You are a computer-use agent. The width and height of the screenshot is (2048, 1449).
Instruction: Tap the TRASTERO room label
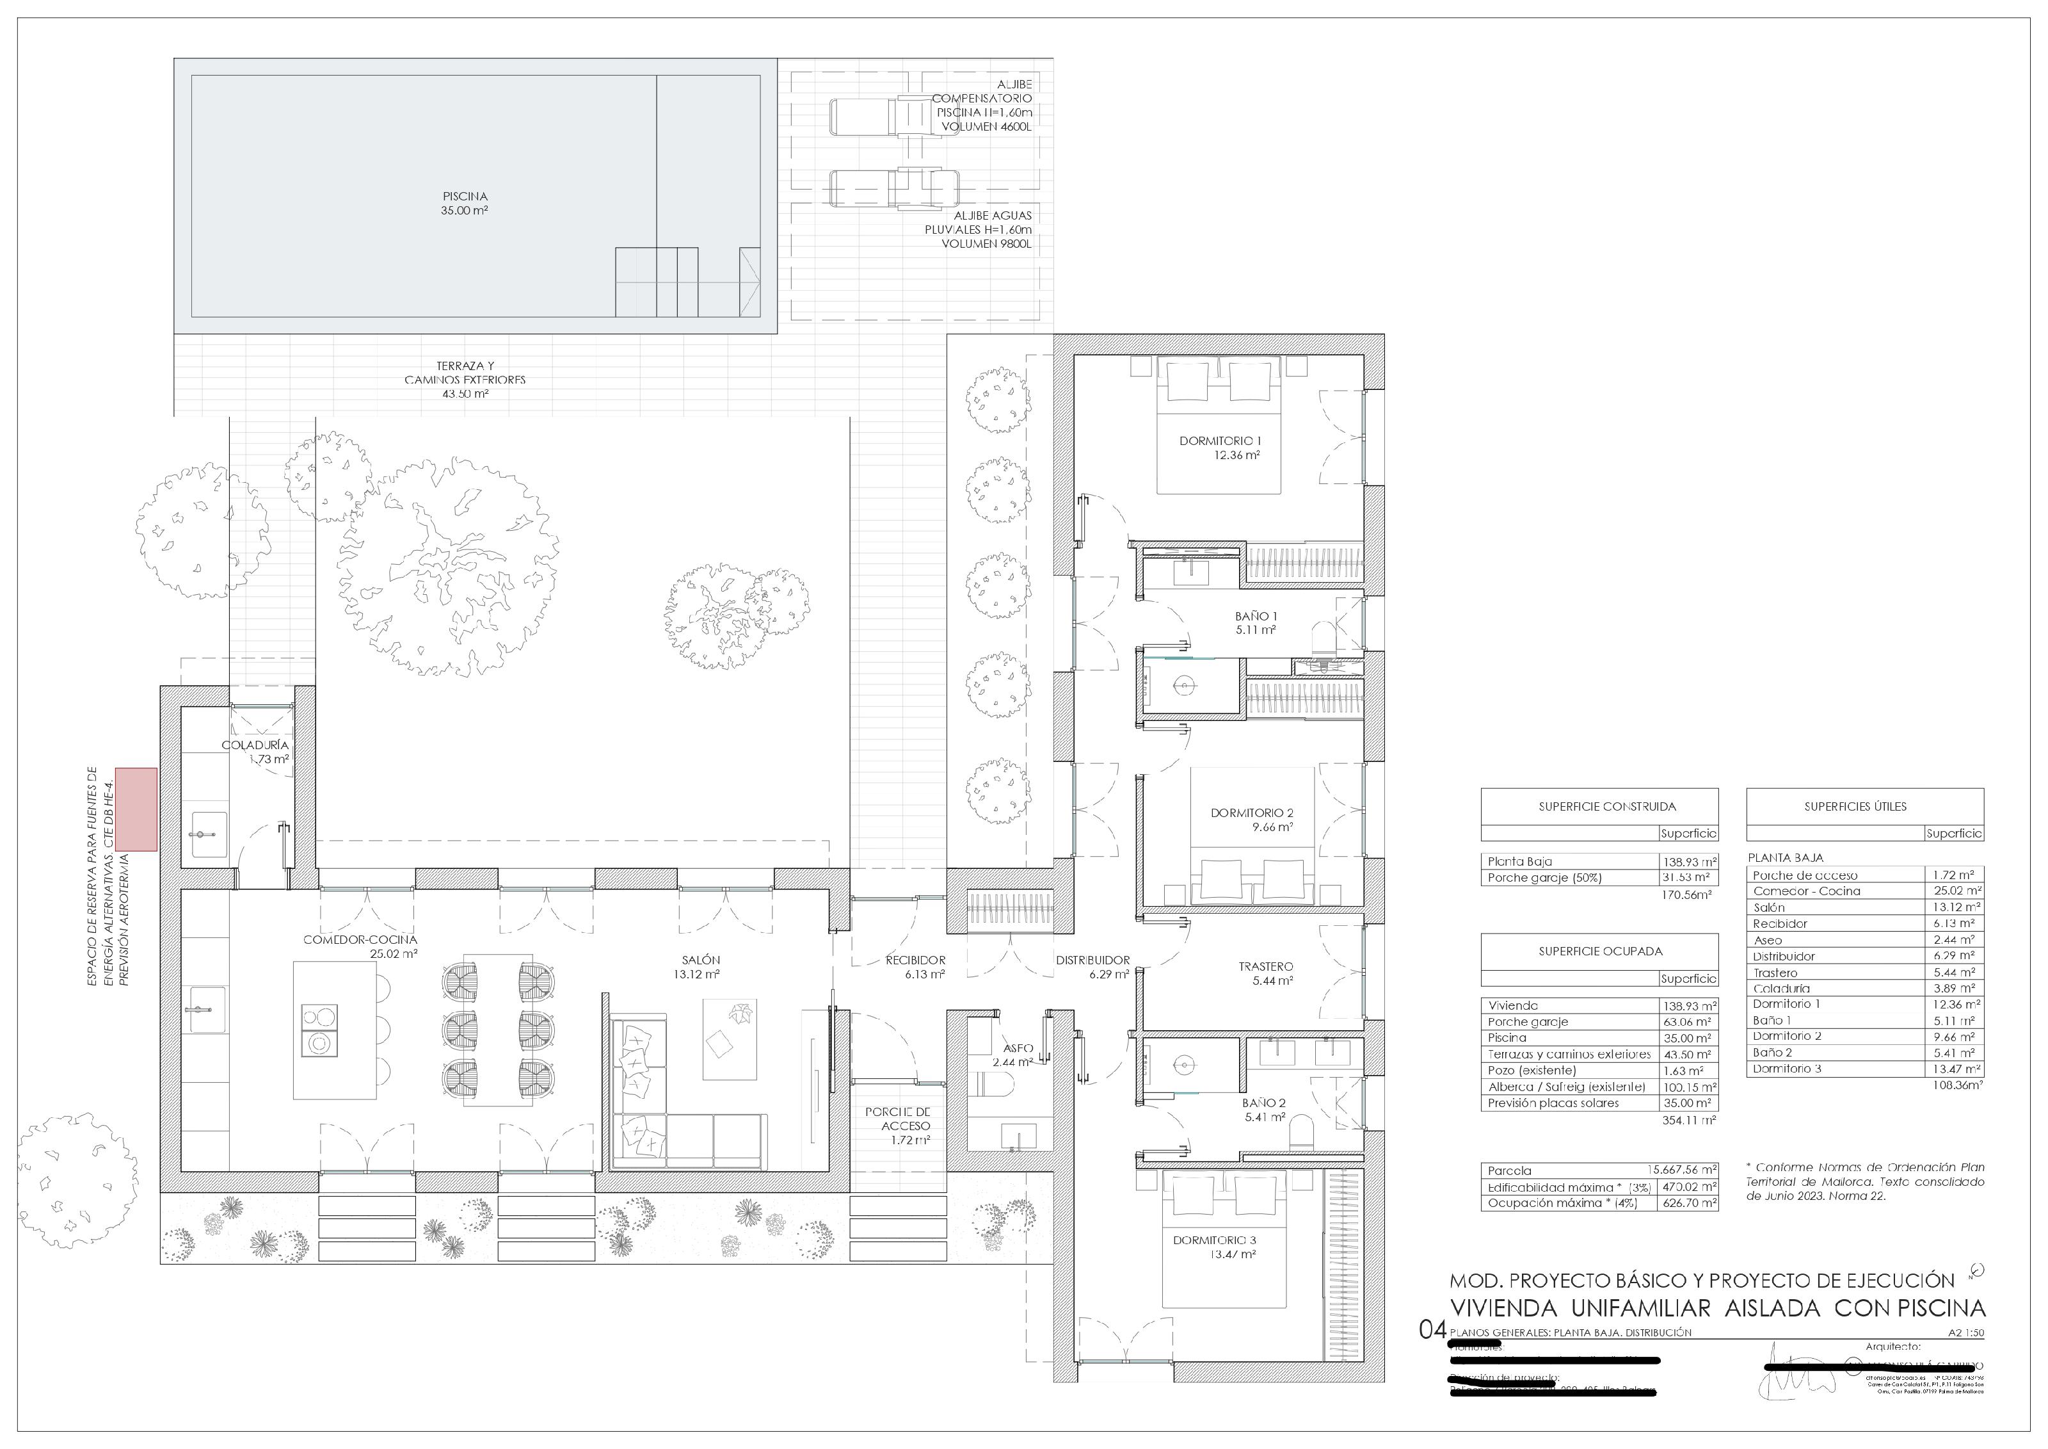(1265, 973)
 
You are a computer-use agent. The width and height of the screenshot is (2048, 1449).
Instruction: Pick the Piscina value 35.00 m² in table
(1688, 1038)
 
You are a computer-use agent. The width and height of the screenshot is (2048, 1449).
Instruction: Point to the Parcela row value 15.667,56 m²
(1683, 1170)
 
